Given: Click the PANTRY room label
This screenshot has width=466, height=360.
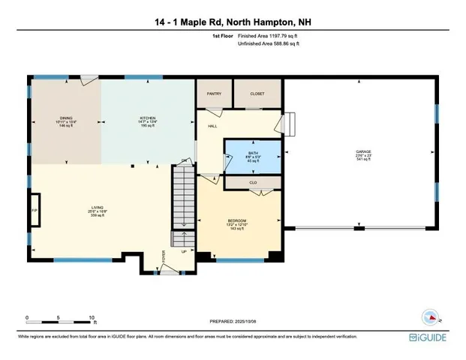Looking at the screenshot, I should (213, 94).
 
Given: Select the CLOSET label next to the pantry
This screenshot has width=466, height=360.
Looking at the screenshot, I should (256, 94).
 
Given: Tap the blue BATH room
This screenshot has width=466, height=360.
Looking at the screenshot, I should (253, 156).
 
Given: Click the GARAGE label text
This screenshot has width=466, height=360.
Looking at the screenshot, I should (363, 151).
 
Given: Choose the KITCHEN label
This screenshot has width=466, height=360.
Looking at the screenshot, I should (147, 118).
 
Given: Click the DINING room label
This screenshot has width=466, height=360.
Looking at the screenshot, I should (67, 118).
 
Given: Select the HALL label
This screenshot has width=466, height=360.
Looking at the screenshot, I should (212, 127).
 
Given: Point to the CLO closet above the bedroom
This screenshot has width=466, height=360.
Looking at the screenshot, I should (253, 181).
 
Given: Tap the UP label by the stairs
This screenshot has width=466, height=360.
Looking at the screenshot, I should (185, 251).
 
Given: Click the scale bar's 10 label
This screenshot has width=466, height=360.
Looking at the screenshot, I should (92, 317).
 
